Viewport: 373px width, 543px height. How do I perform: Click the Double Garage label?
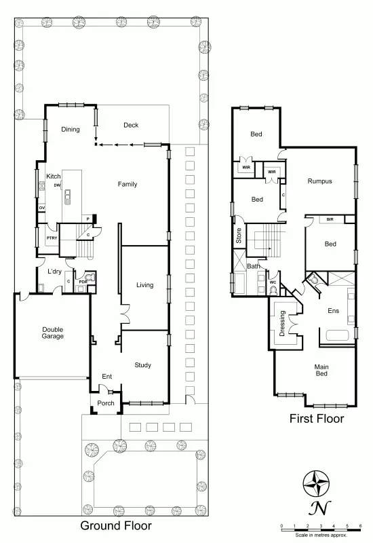[52, 332]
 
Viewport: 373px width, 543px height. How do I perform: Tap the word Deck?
[131, 125]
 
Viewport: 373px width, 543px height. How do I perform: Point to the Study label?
[142, 364]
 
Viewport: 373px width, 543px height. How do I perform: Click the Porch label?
[106, 403]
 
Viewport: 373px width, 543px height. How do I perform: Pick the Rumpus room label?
[319, 181]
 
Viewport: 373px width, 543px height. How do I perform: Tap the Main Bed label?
[321, 371]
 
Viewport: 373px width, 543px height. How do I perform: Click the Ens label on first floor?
[333, 311]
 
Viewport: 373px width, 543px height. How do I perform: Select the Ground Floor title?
[116, 525]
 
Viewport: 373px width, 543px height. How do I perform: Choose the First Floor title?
[317, 419]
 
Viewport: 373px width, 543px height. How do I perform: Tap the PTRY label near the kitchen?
[51, 238]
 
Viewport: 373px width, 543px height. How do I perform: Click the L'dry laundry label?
[54, 271]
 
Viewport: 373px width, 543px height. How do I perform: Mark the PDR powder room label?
[83, 281]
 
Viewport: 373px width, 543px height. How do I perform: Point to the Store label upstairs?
[238, 235]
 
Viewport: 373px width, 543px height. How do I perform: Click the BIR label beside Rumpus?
[330, 219]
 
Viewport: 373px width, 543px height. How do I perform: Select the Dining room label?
[71, 130]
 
